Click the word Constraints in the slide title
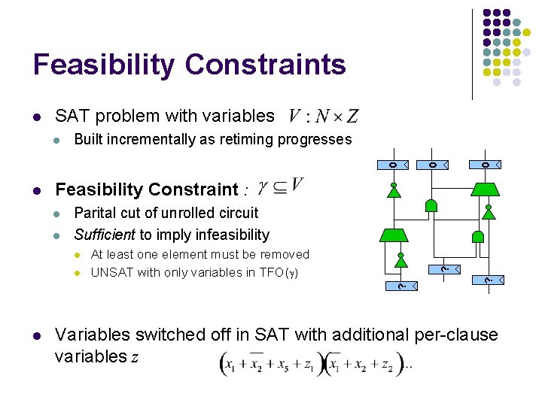coord(266,65)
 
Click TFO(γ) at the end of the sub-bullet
coord(279,272)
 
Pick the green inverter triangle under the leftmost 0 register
coord(394,191)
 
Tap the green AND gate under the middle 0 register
coord(432,206)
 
